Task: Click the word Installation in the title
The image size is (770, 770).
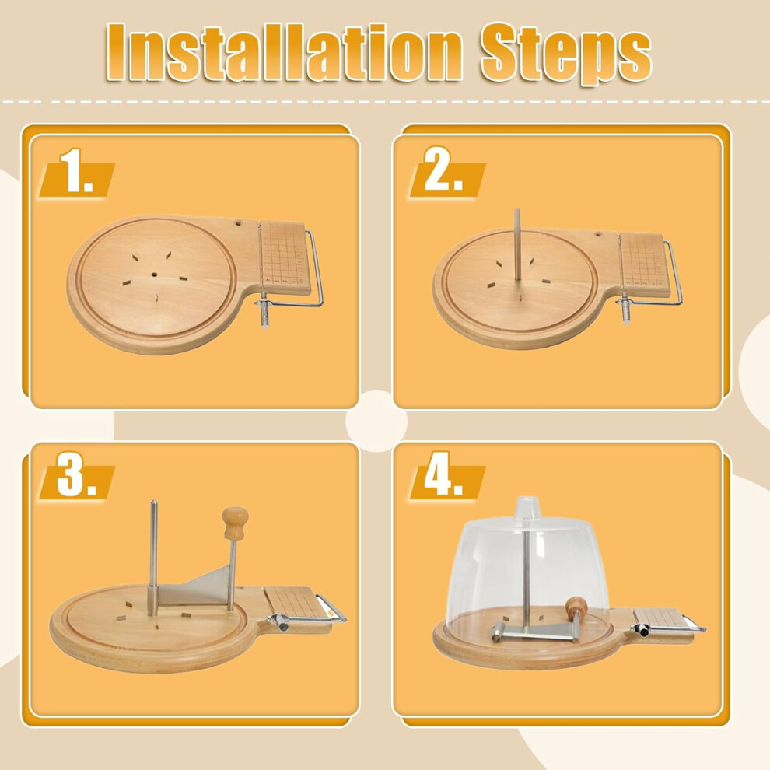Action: pos(284,51)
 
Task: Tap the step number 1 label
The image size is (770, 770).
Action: pos(75,171)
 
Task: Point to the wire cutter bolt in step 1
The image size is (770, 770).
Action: pos(264,310)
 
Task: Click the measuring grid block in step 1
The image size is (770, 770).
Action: pos(285,257)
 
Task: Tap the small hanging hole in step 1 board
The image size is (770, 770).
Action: pos(239,223)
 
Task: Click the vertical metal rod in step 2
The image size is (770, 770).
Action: pos(517,245)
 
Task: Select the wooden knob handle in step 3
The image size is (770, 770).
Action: pos(235,523)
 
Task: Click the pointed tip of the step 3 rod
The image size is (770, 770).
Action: pos(153,502)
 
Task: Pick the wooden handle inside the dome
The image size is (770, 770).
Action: pos(576,608)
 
